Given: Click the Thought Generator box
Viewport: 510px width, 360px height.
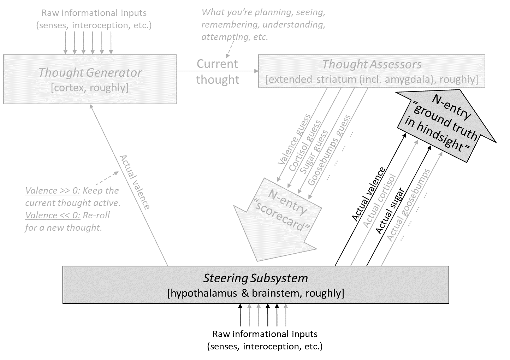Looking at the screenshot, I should (x=90, y=79).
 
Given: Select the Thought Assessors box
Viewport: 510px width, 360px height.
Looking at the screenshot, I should (x=372, y=71).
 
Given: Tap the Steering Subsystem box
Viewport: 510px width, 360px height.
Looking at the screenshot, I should (x=256, y=284).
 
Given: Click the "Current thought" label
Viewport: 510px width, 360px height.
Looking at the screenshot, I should (x=218, y=72).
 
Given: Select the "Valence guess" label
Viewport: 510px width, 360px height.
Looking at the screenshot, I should (x=295, y=140).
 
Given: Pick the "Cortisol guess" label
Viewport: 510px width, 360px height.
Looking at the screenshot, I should (x=305, y=146).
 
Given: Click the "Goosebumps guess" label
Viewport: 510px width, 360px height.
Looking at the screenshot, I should (x=329, y=150).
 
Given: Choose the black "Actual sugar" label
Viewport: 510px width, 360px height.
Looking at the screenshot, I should (x=390, y=210).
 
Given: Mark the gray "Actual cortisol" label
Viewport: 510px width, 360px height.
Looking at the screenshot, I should (x=380, y=200).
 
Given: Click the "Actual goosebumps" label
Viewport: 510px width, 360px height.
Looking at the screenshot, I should (x=408, y=205).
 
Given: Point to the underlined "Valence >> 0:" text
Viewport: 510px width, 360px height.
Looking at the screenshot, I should (x=53, y=191).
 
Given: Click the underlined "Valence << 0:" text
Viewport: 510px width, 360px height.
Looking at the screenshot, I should (x=53, y=216).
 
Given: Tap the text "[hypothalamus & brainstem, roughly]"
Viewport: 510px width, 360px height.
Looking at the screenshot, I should (x=256, y=293).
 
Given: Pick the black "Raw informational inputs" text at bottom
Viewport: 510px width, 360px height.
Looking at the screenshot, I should (x=265, y=334).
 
